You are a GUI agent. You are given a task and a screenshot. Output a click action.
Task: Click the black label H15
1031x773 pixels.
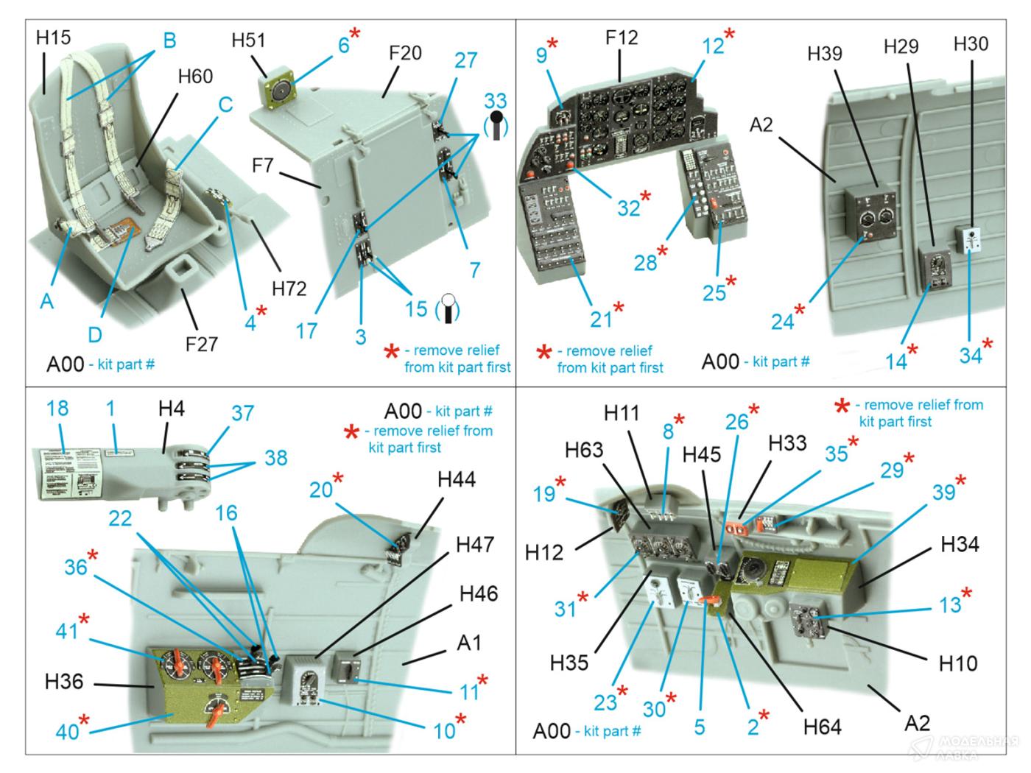coord(53,37)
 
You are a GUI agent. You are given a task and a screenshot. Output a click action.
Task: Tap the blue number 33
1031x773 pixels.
coord(496,101)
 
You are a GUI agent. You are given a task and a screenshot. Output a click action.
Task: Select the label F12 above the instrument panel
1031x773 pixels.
coord(622,38)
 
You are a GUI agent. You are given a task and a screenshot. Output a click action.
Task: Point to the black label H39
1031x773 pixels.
coord(825,53)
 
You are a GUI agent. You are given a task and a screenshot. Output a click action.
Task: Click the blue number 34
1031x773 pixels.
coord(970,355)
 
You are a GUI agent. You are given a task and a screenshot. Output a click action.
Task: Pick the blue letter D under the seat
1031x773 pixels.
coord(95,334)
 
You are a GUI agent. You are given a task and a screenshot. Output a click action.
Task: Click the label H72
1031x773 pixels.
coord(289,289)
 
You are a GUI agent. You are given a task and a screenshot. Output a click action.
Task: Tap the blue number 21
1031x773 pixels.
coord(601,318)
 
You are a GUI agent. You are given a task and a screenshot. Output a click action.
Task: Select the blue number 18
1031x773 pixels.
coord(57,409)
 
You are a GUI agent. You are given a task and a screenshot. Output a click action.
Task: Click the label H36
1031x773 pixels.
coord(64,682)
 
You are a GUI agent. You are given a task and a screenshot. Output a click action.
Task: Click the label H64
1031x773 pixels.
coord(822,727)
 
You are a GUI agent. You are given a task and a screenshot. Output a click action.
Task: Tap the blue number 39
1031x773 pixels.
coord(944,493)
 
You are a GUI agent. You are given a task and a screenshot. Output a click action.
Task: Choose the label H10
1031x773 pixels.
coord(958,663)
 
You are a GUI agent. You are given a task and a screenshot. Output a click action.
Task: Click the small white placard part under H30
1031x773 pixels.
coord(972,240)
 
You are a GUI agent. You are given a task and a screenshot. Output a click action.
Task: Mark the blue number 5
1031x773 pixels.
coord(699,727)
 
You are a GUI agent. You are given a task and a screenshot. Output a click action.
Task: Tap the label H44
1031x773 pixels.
coord(457,480)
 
